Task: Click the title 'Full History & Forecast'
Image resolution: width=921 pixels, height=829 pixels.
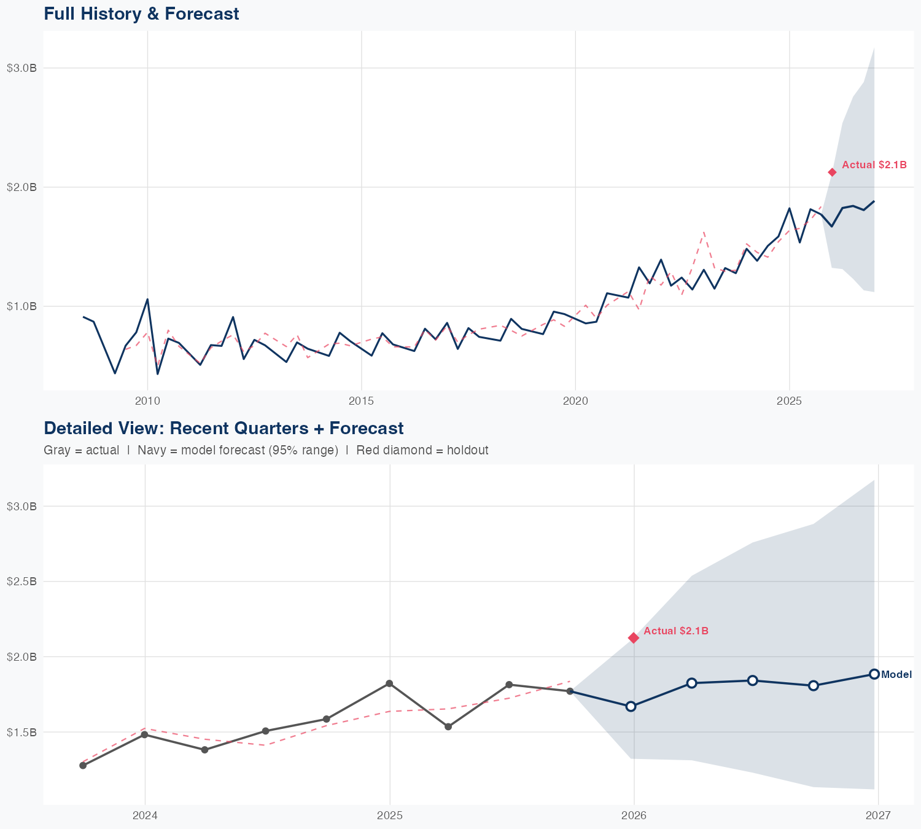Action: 141,14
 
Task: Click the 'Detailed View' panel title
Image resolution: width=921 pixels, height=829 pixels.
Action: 223,428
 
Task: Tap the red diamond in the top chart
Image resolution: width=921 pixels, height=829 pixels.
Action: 832,173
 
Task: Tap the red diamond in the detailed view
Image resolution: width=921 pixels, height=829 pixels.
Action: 634,638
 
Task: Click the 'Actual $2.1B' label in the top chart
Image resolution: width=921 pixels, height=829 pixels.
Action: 874,165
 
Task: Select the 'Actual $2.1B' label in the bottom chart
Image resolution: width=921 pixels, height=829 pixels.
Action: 676,631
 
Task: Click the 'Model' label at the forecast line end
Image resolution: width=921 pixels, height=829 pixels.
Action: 896,674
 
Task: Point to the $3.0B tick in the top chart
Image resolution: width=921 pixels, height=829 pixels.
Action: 21,68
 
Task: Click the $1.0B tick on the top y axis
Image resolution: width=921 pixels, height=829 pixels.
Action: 21,306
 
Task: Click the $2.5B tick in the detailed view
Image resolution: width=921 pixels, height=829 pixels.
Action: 21,581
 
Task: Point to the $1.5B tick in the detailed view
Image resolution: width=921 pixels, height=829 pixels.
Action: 21,732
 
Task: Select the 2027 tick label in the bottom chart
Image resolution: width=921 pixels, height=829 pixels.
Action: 878,815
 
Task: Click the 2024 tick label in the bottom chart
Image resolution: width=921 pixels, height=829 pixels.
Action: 145,815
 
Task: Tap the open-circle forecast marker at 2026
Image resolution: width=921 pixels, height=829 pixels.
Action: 631,706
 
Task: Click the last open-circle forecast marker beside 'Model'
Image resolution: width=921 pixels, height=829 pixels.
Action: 874,674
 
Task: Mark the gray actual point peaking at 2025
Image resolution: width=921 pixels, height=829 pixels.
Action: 389,683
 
